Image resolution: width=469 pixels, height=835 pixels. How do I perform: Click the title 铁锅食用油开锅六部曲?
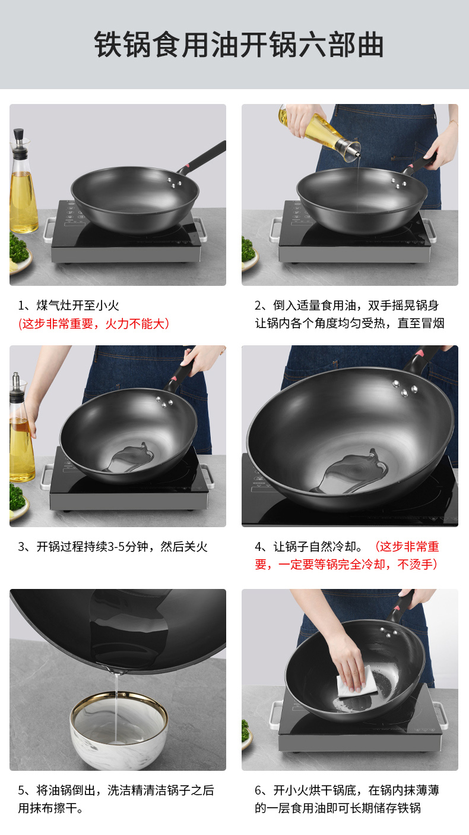(x=239, y=45)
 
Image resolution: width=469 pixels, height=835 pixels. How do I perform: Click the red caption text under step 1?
(x=94, y=323)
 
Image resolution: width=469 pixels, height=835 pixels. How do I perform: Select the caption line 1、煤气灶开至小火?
(x=68, y=305)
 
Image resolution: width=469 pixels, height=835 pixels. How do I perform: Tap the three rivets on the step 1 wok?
(x=174, y=182)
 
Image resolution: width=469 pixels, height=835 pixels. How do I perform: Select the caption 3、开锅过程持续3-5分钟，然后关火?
(x=112, y=547)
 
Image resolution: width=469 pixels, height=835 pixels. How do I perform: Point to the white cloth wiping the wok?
(x=356, y=682)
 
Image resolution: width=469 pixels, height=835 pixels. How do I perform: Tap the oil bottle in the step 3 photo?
(x=21, y=428)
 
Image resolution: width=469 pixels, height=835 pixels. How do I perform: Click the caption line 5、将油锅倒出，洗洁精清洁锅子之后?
(x=116, y=790)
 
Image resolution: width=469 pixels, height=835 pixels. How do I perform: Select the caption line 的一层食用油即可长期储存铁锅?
(x=338, y=808)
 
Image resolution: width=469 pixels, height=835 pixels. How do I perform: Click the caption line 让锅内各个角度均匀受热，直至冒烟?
(x=350, y=323)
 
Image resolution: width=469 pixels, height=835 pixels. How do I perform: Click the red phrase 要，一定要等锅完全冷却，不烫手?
(x=346, y=565)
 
